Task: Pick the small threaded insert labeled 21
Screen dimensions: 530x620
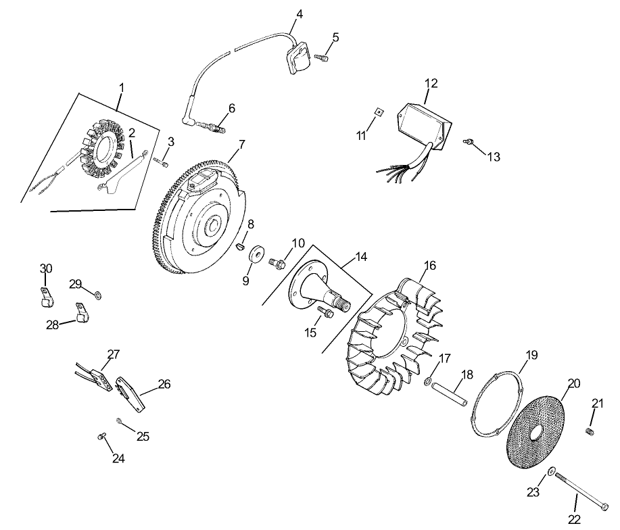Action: click(589, 431)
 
